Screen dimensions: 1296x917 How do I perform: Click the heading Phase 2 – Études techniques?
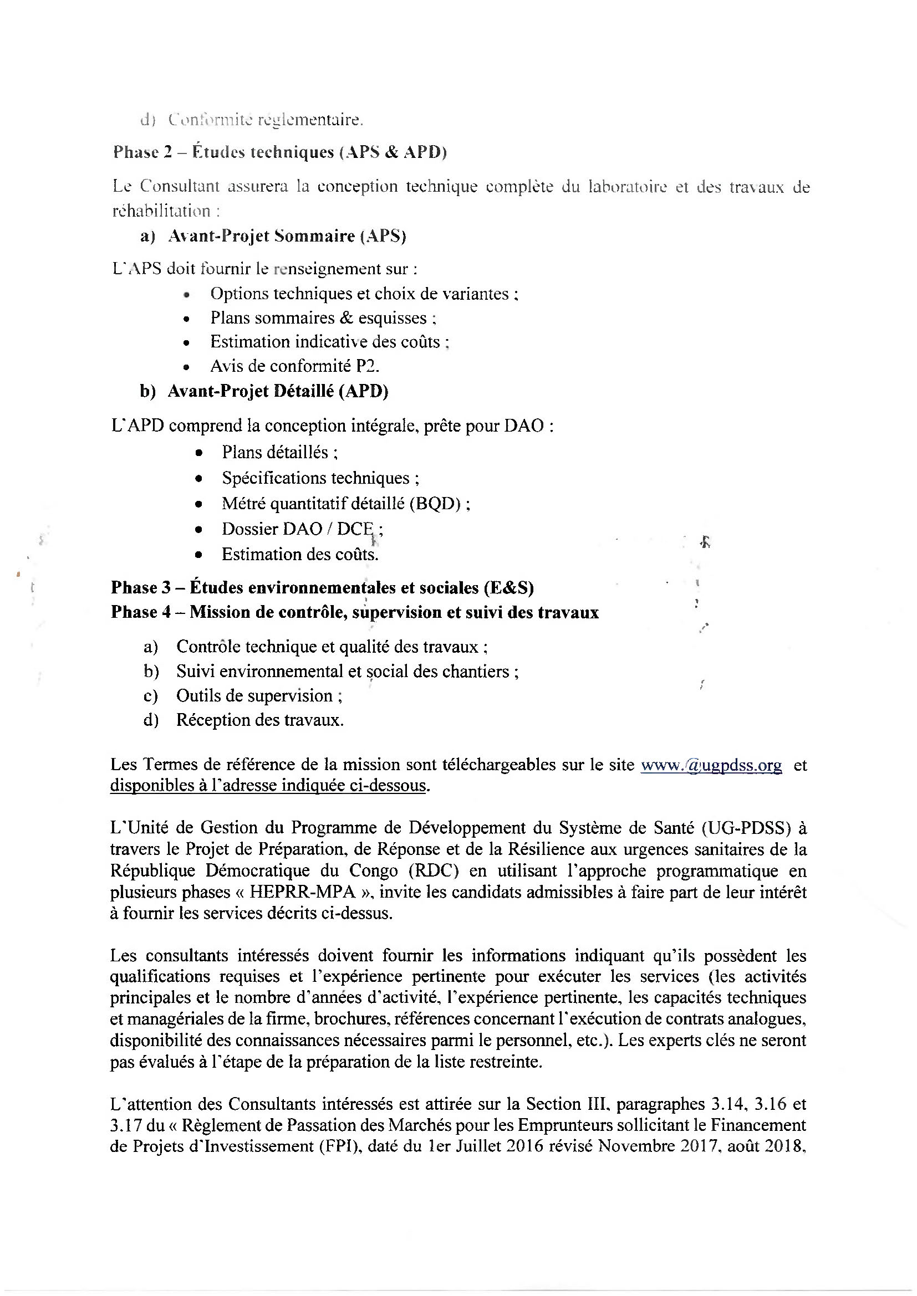tap(279, 152)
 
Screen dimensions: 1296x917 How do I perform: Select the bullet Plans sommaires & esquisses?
tap(323, 318)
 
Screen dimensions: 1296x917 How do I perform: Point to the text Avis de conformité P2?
tap(295, 366)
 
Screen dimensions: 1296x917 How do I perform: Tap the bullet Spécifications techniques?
tap(320, 478)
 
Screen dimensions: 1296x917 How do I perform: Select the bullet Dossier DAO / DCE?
tap(302, 529)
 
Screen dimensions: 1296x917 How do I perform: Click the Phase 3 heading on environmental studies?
tap(322, 587)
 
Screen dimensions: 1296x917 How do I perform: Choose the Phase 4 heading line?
tap(355, 612)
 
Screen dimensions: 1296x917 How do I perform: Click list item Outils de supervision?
tap(258, 696)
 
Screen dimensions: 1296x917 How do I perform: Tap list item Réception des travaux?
tap(259, 720)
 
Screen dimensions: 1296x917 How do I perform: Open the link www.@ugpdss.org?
tap(711, 765)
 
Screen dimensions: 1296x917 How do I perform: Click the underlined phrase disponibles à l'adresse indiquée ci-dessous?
tap(268, 786)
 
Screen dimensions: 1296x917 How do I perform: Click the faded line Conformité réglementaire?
tap(266, 120)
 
